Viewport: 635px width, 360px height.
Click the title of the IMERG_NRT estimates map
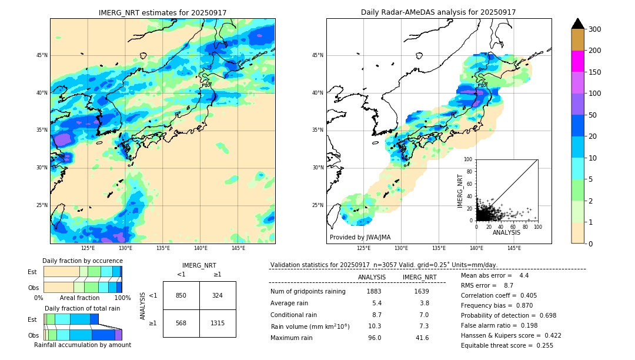pyautogui.click(x=162, y=12)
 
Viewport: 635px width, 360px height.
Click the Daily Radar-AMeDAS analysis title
pyautogui.click(x=439, y=12)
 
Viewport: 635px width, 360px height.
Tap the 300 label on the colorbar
pyautogui.click(x=595, y=29)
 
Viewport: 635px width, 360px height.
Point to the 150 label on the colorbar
pyautogui.click(x=595, y=72)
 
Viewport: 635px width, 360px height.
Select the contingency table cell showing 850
pyautogui.click(x=181, y=295)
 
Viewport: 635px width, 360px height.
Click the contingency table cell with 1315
pyautogui.click(x=218, y=323)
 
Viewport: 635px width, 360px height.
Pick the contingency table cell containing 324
pyautogui.click(x=218, y=295)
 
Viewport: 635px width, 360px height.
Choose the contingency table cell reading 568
pyautogui.click(x=181, y=323)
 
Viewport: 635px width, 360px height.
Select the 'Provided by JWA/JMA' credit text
pyautogui.click(x=359, y=237)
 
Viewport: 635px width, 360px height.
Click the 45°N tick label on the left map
pyautogui.click(x=42, y=55)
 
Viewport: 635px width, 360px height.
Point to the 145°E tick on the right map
pyautogui.click(x=514, y=248)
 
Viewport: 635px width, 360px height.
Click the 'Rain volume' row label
pyautogui.click(x=310, y=326)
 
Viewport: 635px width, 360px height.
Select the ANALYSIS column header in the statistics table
pyautogui.click(x=372, y=277)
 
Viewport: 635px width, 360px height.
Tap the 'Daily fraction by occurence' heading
pyautogui.click(x=82, y=261)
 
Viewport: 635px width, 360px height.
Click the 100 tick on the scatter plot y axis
pyautogui.click(x=468, y=159)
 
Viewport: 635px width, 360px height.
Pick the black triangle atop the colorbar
pyautogui.click(x=578, y=24)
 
